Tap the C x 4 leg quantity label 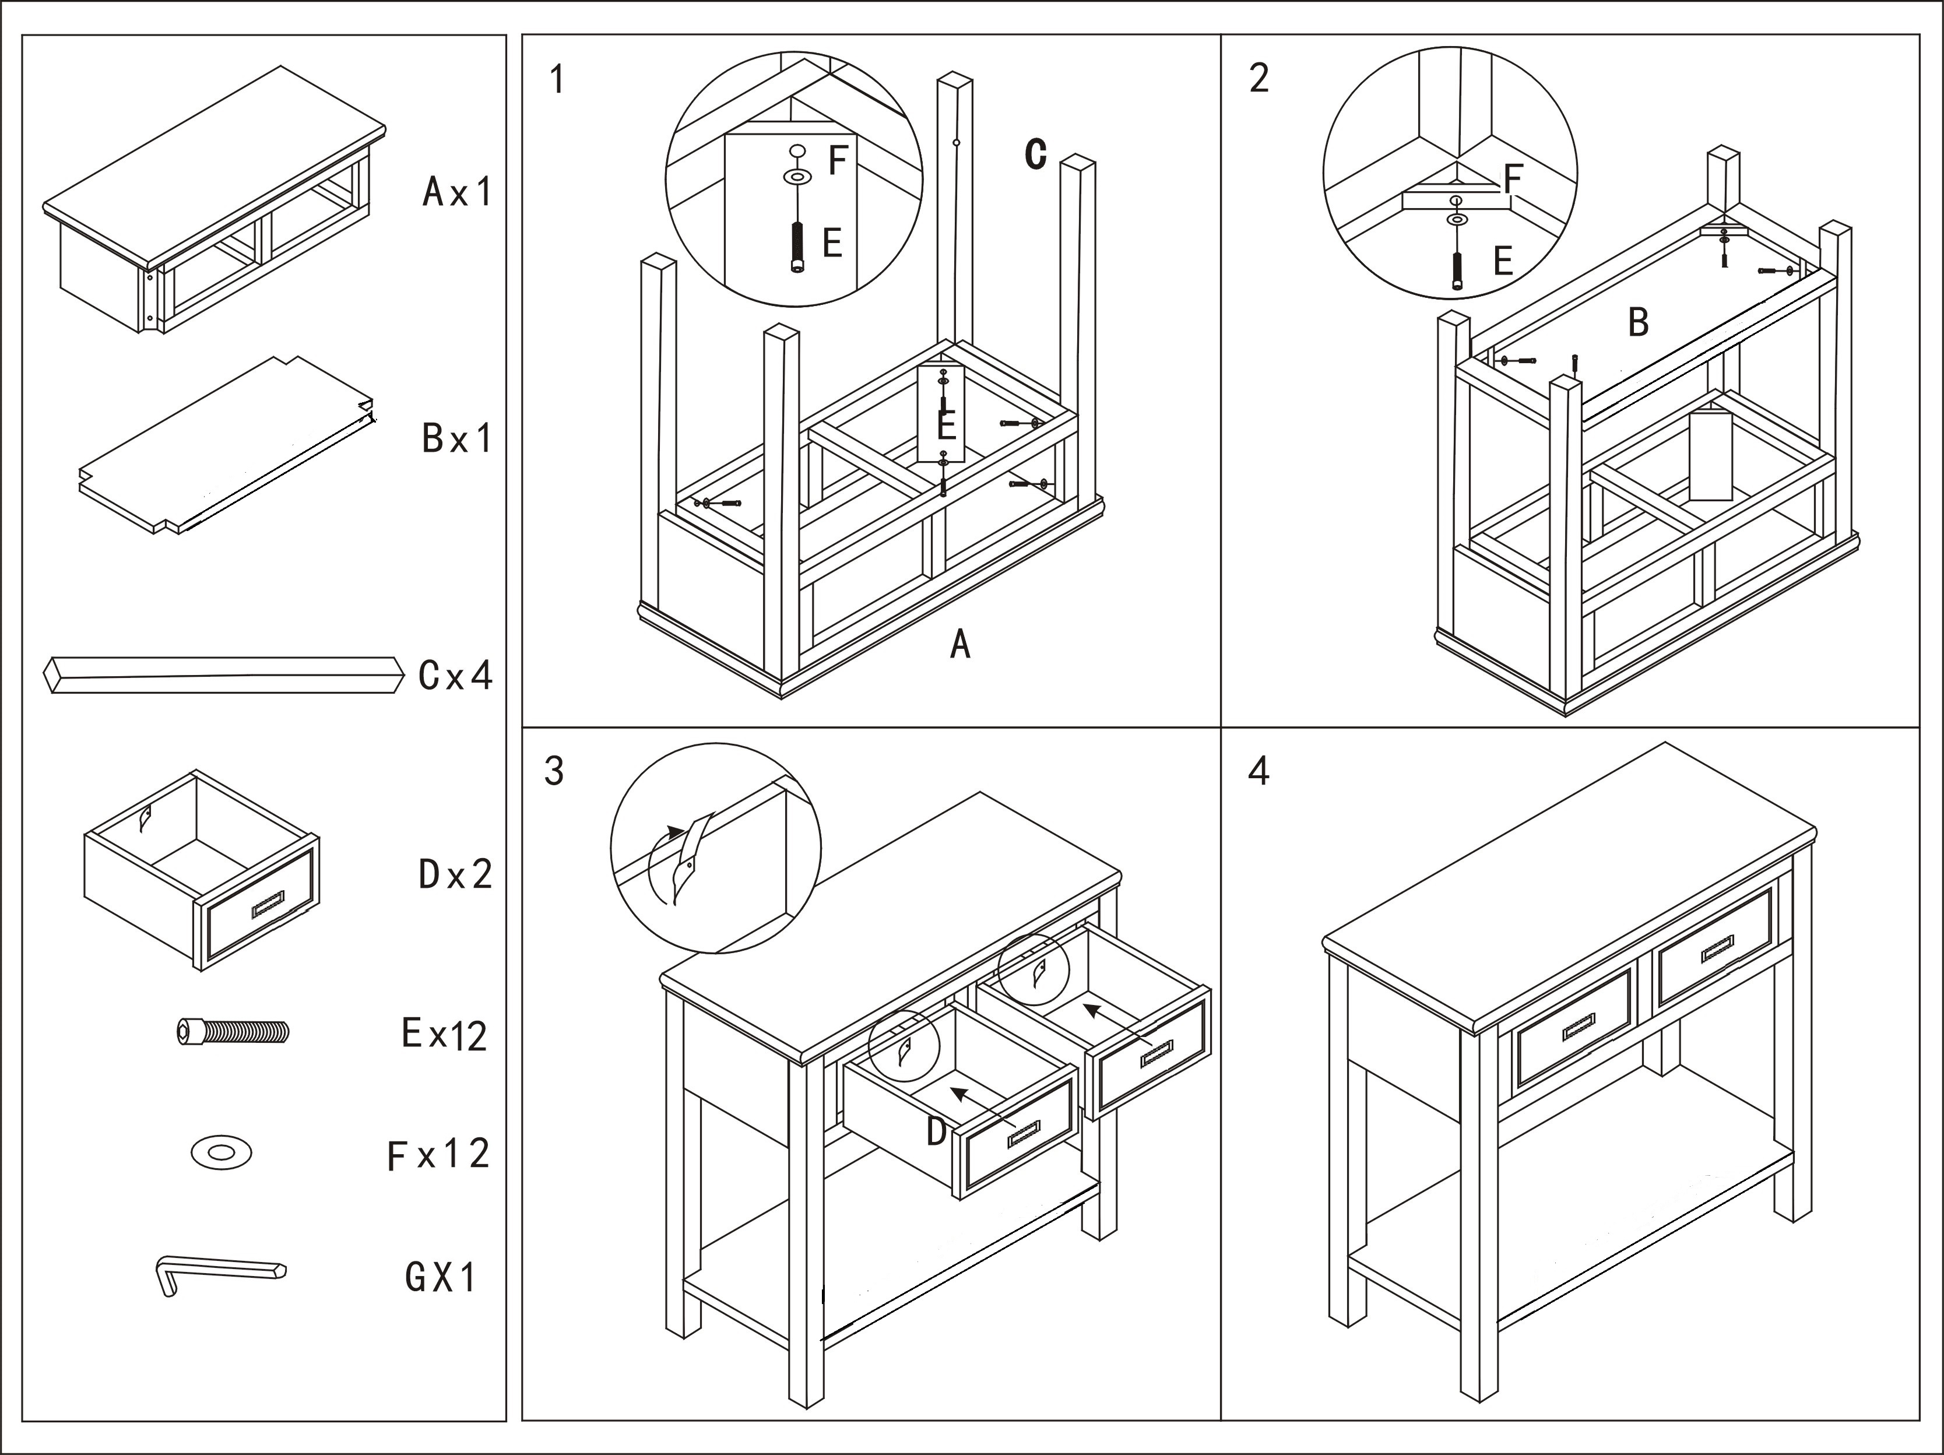pyautogui.click(x=455, y=676)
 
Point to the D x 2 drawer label pyautogui.click(x=455, y=875)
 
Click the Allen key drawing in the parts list pyautogui.click(x=220, y=1274)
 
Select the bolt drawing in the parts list pyautogui.click(x=233, y=1031)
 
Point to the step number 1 pyautogui.click(x=556, y=79)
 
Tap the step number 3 pyautogui.click(x=554, y=771)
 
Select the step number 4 pyautogui.click(x=1258, y=771)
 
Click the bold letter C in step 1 pyautogui.click(x=1036, y=154)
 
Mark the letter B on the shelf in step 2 pyautogui.click(x=1637, y=322)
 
